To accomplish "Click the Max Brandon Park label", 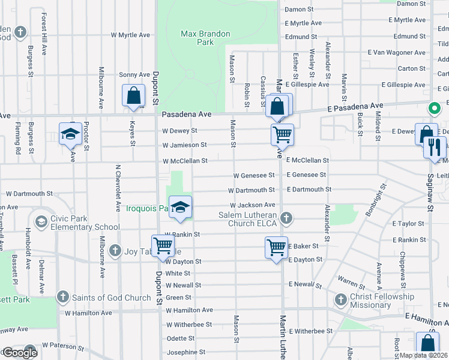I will pos(205,38).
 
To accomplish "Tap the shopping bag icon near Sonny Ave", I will pos(133,96).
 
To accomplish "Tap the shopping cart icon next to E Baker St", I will pos(276,247).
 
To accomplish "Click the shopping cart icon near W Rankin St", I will pos(163,246).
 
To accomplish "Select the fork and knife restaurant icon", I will pos(435,147).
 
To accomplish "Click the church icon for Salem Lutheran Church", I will pos(287,218).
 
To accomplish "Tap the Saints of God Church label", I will pos(112,298).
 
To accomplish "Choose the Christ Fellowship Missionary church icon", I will pos(340,299).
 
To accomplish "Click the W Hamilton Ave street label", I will pos(189,310).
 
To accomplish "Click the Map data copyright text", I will pos(424,355).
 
